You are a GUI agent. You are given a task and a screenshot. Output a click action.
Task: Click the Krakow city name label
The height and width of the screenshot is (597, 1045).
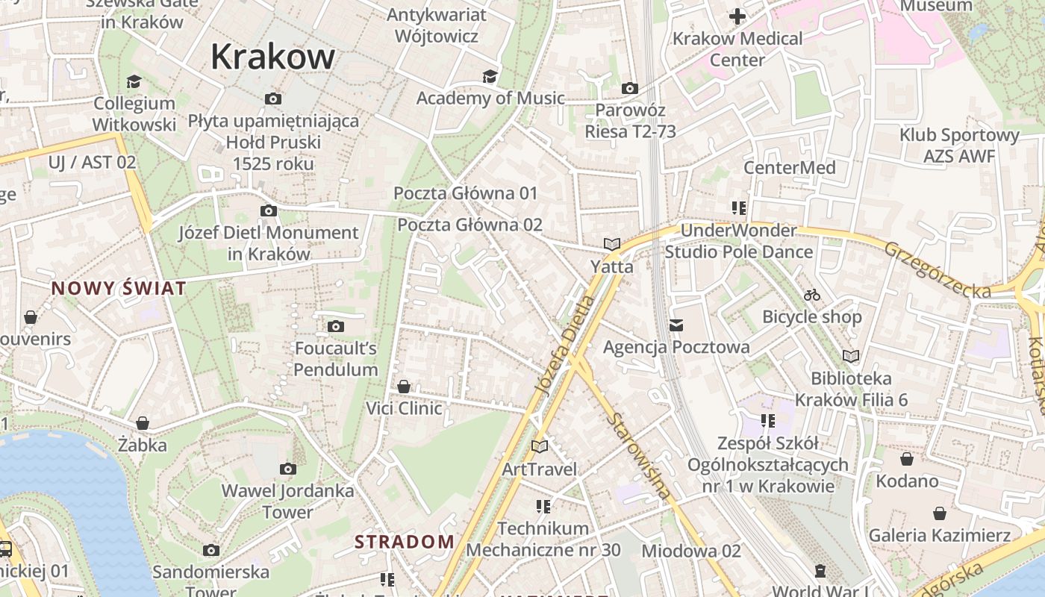click(273, 57)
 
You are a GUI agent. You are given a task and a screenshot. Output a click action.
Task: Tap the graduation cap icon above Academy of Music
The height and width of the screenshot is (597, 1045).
click(490, 76)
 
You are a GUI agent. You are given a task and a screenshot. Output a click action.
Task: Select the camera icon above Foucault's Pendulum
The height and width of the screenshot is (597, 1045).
click(336, 326)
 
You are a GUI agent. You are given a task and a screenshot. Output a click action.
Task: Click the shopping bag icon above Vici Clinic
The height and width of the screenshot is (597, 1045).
click(404, 387)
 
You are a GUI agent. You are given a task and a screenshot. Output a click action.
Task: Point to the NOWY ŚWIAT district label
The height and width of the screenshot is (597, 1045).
click(119, 289)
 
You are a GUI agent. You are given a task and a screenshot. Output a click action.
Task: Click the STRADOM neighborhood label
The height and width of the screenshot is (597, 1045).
click(404, 542)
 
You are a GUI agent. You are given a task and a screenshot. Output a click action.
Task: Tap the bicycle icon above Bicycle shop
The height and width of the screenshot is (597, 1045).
click(812, 295)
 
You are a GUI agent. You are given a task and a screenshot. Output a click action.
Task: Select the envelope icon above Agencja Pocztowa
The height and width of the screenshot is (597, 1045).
click(676, 325)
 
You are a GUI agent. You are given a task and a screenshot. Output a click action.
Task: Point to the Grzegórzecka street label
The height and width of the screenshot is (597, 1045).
click(938, 269)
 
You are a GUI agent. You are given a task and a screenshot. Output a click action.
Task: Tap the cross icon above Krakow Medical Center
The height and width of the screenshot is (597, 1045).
click(737, 16)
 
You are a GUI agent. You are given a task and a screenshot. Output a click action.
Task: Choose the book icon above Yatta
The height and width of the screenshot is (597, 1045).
click(612, 244)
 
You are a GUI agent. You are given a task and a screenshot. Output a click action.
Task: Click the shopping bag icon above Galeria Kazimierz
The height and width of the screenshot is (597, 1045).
click(940, 513)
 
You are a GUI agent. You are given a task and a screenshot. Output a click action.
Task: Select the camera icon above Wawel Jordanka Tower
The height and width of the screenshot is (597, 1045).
click(287, 469)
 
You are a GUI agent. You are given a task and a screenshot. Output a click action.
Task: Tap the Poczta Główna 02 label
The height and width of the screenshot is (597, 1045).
click(470, 225)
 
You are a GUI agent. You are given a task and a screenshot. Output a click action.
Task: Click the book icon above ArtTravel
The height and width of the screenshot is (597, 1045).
click(539, 446)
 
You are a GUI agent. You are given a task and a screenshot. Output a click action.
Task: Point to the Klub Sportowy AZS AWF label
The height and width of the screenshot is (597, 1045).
click(959, 146)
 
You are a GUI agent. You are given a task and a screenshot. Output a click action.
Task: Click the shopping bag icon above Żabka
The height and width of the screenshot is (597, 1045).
click(143, 423)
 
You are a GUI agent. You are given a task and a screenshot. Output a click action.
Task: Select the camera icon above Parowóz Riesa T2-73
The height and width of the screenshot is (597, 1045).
click(630, 88)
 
